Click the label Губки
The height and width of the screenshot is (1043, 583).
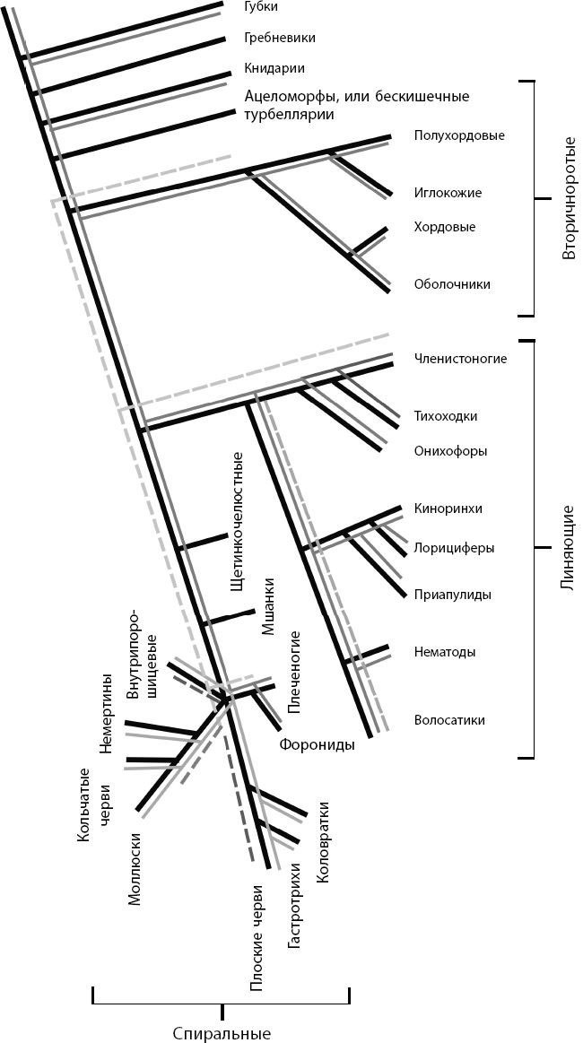261,7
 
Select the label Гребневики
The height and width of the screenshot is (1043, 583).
279,39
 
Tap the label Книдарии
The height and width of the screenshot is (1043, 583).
274,68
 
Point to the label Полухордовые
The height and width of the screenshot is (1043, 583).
459,135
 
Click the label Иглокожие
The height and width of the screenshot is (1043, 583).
448,193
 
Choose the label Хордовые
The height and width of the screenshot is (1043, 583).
445,227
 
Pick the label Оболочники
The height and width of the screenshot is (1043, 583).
452,284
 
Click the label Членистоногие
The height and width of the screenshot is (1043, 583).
460,359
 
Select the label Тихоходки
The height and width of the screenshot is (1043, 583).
445,416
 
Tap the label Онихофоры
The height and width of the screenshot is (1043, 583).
450,451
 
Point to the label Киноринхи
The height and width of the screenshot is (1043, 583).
448,508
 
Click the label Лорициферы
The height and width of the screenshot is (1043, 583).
454,548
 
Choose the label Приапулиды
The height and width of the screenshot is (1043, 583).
453,594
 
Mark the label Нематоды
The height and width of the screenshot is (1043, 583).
445,652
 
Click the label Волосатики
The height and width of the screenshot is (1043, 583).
450,720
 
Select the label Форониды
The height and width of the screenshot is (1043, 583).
316,744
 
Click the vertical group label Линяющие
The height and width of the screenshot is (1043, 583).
567,549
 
